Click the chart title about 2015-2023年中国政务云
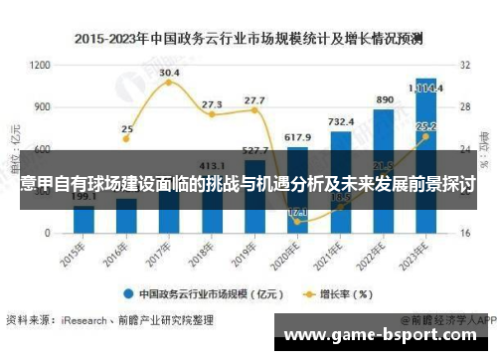click(x=248, y=39)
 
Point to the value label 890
click(x=385, y=100)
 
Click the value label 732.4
click(x=341, y=121)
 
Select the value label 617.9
click(x=297, y=136)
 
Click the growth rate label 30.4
click(x=169, y=73)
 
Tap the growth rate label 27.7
click(x=254, y=99)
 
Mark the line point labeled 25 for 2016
click(x=126, y=145)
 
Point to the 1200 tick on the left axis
click(x=41, y=65)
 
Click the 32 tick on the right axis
click(x=463, y=65)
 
